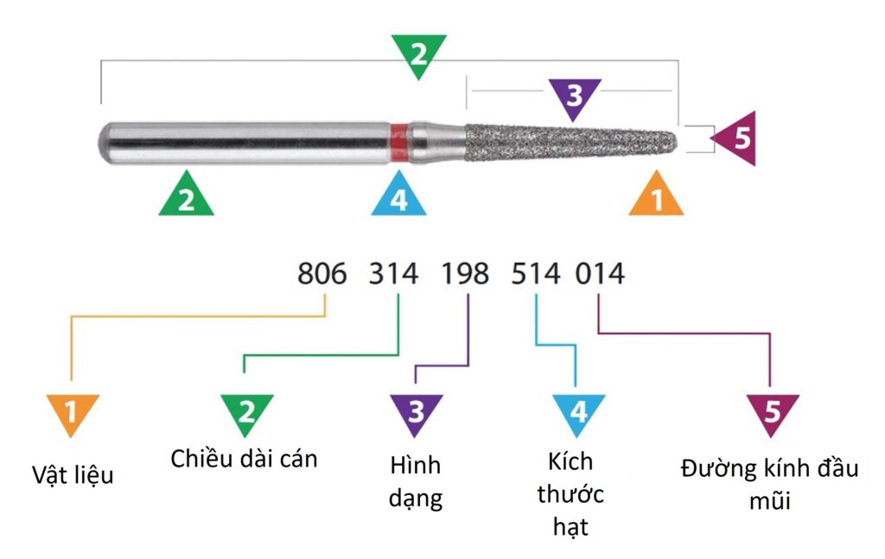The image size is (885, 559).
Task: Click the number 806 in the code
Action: [x=322, y=275]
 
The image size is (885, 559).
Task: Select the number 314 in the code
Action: [x=394, y=275]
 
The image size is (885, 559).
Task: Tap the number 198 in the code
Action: [x=465, y=275]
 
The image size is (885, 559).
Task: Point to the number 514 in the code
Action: [x=536, y=275]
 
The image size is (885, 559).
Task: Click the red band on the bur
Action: [x=398, y=143]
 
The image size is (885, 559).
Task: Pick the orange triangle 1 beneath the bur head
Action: [x=656, y=196]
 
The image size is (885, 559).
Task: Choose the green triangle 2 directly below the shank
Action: [x=186, y=196]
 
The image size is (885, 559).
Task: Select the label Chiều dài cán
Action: [x=244, y=459]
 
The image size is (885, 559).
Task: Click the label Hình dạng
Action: [x=416, y=481]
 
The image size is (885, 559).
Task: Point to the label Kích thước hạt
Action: [x=570, y=494]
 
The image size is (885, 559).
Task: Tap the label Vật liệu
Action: [x=73, y=474]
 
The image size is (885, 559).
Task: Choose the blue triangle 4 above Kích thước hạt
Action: [x=577, y=411]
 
